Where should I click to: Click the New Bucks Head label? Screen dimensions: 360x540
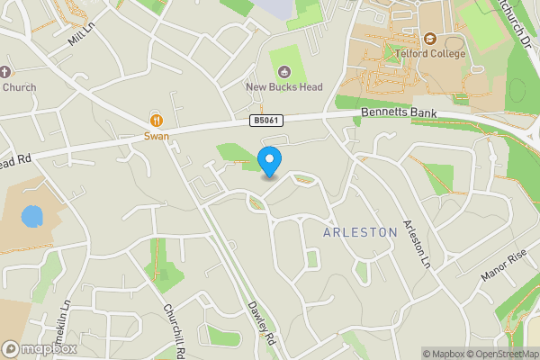pos(285,87)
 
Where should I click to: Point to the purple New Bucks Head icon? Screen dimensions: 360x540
pos(285,72)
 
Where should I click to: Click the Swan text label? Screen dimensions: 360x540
pos(157,136)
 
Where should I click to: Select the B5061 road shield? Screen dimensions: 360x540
pos(263,121)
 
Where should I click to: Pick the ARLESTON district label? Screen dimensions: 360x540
pos(360,232)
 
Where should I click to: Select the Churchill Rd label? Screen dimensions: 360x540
pos(174,329)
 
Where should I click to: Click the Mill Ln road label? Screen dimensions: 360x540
pos(81,37)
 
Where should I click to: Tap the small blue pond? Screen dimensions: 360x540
pos(31,217)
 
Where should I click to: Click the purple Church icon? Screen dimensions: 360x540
pos(6,72)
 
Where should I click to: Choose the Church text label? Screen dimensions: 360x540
pos(17,87)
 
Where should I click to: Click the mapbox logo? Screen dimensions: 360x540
pos(39,349)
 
